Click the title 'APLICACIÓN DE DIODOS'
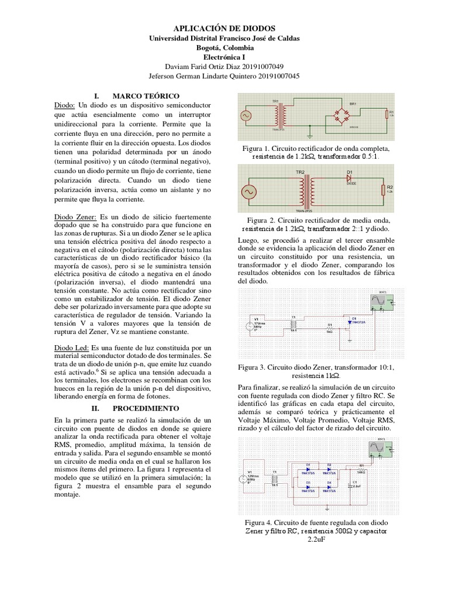click(224, 28)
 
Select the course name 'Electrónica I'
click(224, 57)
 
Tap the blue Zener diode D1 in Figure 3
click(350, 321)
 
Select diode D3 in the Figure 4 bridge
click(309, 485)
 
